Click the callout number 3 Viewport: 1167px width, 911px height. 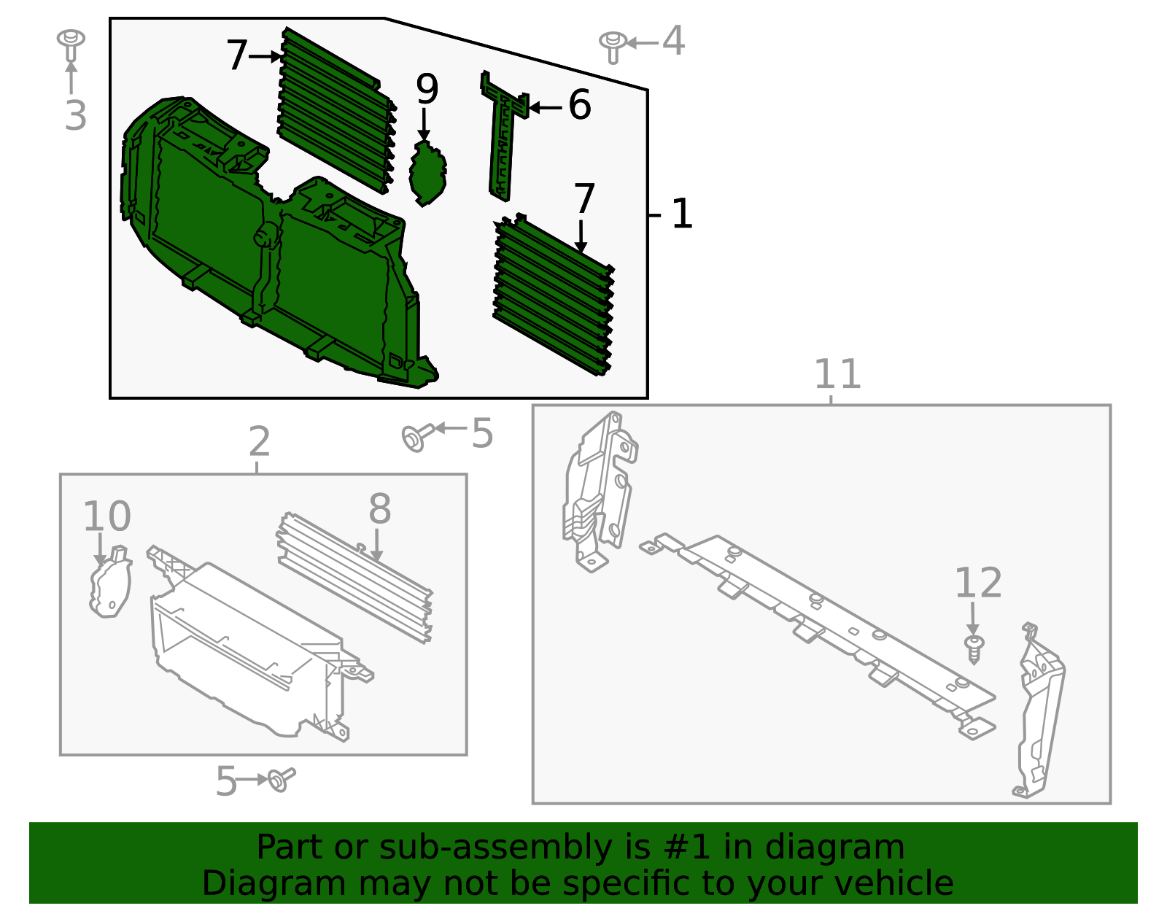click(75, 116)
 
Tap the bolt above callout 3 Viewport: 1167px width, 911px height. click(71, 44)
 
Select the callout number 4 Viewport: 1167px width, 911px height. click(673, 41)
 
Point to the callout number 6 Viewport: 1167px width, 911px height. click(579, 105)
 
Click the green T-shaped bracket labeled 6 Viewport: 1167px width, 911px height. click(503, 139)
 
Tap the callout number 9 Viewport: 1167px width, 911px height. click(427, 89)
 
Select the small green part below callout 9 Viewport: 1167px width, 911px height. click(427, 172)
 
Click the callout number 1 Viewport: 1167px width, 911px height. click(681, 214)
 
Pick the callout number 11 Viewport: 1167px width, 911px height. click(837, 374)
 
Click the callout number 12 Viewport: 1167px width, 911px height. click(978, 583)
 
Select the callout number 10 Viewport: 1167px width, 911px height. click(106, 516)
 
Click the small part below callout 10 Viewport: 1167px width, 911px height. click(111, 584)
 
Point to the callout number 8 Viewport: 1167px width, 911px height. click(379, 508)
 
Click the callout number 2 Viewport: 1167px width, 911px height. click(259, 441)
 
